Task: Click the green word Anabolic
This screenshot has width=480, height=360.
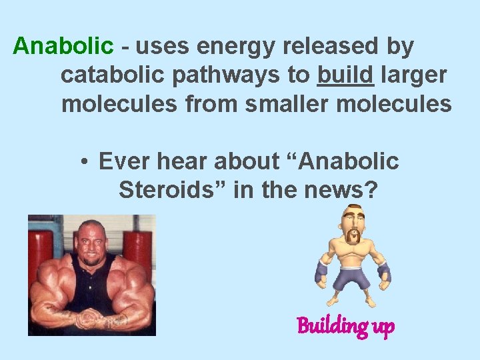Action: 63,47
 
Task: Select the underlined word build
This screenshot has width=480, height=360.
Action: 345,75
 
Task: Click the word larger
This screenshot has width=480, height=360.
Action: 413,75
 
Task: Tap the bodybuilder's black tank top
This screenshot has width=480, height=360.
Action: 93,280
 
